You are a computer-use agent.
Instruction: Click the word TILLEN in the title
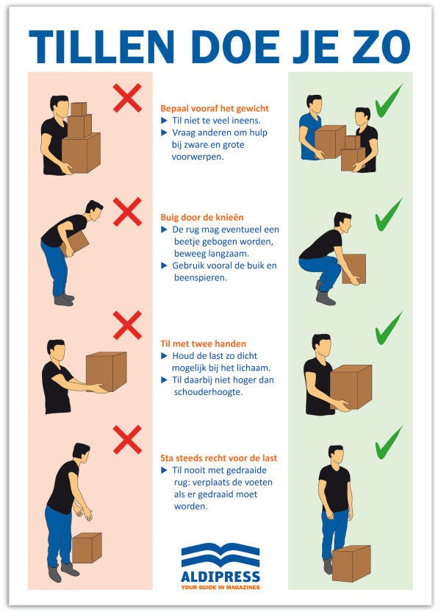coord(101,47)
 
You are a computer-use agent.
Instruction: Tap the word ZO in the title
coord(381,47)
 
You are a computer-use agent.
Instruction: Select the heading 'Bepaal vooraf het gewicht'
coord(215,109)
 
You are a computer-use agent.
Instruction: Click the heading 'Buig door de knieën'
coord(202,218)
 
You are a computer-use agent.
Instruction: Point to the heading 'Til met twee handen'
coord(203,344)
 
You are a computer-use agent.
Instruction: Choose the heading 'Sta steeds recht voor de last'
coord(219,458)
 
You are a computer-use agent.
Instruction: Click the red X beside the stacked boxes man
coord(127,98)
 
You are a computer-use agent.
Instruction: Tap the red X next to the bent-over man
coord(127,212)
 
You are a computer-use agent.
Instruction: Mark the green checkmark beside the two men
coord(388,101)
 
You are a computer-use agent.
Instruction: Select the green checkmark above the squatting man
coord(388,215)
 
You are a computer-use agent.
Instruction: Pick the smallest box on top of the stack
coord(79,109)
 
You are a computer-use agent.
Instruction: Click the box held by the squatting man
coord(354,269)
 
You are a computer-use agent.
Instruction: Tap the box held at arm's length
coord(107,371)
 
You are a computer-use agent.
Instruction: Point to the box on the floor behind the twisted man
coord(87,548)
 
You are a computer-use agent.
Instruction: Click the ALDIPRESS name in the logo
coord(220,577)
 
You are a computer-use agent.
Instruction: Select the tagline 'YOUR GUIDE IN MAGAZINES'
coord(220,588)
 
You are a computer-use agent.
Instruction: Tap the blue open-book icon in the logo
coord(220,555)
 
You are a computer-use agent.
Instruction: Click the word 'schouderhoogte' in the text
coord(208,392)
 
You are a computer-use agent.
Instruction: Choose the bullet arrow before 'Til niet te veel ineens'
coord(164,121)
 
